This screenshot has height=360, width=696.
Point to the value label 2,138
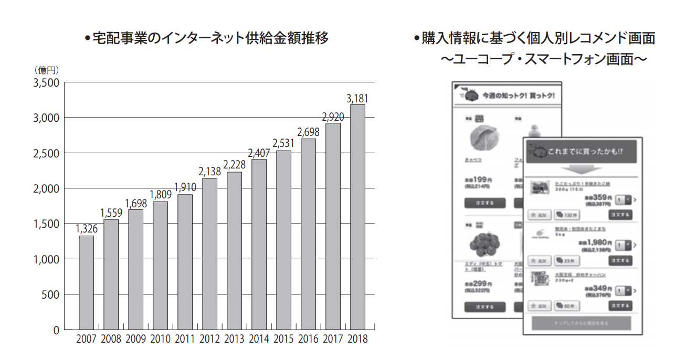210,171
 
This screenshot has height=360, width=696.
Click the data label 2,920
333,117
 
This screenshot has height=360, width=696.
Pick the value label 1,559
111,213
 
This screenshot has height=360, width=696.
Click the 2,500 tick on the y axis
46,153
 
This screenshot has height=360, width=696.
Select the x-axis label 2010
160,339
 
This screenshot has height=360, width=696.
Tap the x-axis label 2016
308,339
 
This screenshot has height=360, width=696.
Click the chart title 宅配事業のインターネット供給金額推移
210,38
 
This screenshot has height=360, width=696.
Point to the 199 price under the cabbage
479,179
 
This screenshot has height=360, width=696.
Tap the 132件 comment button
566,215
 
